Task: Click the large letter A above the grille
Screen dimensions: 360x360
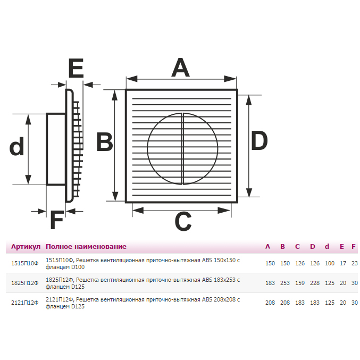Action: tap(180, 68)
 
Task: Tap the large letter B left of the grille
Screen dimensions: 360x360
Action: tap(105, 141)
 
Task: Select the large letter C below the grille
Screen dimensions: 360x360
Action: tap(183, 221)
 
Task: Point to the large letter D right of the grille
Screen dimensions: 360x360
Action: tap(259, 140)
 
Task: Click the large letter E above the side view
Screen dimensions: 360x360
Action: tap(76, 68)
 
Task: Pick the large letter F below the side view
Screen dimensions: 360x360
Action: tap(57, 220)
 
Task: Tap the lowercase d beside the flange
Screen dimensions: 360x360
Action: tap(17, 146)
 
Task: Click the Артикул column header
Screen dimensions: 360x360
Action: tap(26, 247)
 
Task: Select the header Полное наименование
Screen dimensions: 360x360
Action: tap(86, 247)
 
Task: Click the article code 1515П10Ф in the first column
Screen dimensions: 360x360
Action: tap(25, 263)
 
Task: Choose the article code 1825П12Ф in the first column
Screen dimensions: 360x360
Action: tap(25, 283)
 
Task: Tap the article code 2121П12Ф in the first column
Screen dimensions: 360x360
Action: tap(25, 303)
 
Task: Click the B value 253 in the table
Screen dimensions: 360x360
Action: tap(285, 283)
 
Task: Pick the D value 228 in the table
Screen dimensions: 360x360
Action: tap(315, 283)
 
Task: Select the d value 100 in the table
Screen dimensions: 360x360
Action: tap(330, 263)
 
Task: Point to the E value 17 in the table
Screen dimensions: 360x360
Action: tap(343, 263)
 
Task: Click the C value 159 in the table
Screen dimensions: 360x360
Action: tap(300, 283)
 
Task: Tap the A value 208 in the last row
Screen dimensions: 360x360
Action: tap(270, 303)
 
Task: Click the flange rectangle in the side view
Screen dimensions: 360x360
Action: tap(56, 149)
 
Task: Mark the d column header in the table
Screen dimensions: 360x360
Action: tap(327, 247)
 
